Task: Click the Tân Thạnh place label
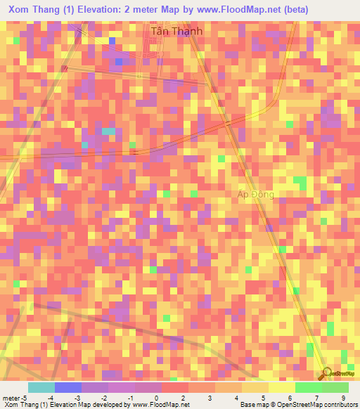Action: (176, 32)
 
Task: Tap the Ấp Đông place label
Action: (255, 194)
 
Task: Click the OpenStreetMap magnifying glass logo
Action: (326, 373)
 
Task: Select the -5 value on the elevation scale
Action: (25, 398)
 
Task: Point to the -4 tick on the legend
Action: (53, 398)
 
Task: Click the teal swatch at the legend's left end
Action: (41, 387)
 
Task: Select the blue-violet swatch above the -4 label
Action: (68, 387)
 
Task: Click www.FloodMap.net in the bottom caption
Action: (160, 405)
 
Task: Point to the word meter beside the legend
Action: (11, 398)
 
